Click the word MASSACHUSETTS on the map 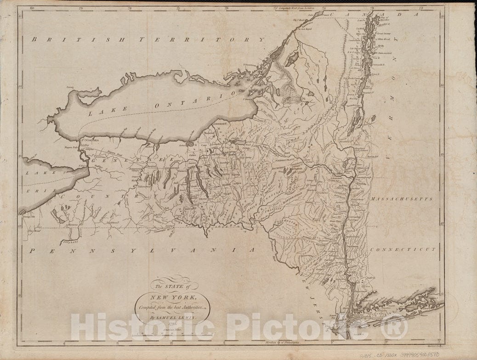403,200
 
